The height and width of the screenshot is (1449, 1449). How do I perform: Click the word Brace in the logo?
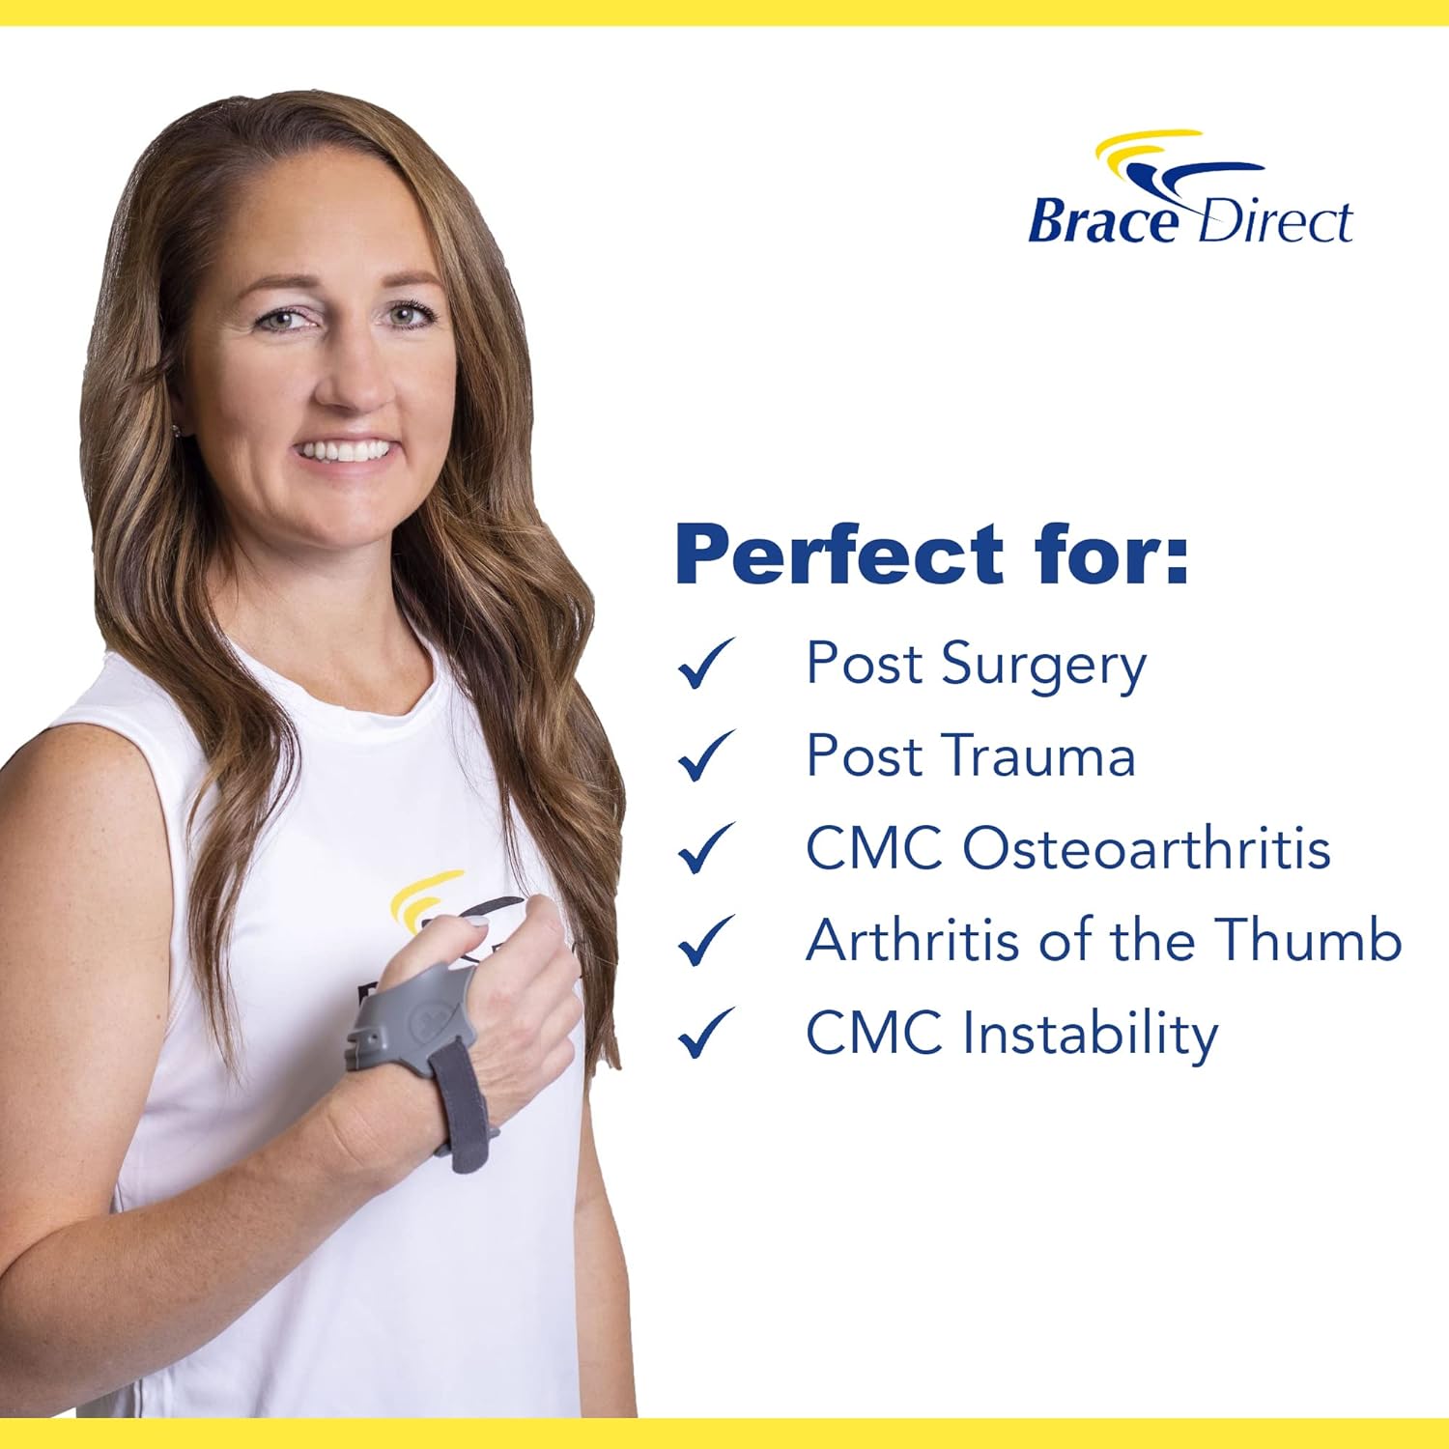(x=1102, y=220)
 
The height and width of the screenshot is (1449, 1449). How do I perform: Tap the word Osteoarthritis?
(x=1147, y=848)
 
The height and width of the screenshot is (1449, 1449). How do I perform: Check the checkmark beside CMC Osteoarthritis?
(x=706, y=848)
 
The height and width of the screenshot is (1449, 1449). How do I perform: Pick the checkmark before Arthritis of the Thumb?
(x=706, y=941)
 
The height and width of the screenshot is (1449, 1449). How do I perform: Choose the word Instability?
(x=1090, y=1033)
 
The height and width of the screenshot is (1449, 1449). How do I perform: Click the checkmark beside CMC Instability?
(x=706, y=1033)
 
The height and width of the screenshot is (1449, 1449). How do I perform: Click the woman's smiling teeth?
(x=345, y=450)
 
